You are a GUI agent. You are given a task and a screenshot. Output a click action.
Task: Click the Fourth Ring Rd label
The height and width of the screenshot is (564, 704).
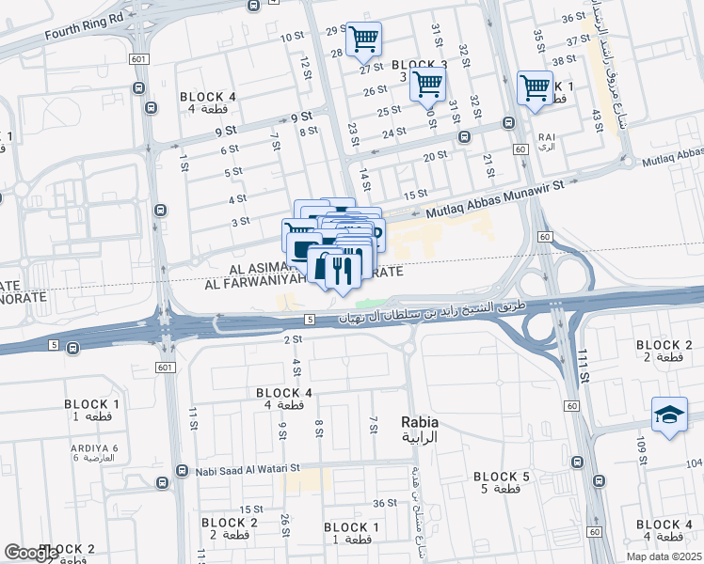click(x=84, y=28)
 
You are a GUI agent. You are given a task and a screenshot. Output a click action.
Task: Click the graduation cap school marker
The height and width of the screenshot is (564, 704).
click(x=670, y=415)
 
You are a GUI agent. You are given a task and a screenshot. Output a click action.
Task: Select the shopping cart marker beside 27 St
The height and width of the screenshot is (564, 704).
click(x=363, y=39)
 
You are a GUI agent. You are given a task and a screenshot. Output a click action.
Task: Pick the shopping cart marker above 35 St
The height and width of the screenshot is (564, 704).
click(x=535, y=87)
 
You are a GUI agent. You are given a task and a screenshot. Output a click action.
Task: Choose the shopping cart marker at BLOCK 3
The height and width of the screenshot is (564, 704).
click(x=427, y=86)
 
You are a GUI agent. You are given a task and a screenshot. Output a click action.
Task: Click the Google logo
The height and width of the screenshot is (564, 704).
click(x=31, y=553)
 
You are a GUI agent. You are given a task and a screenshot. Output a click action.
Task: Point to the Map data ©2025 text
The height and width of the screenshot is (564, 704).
click(x=664, y=556)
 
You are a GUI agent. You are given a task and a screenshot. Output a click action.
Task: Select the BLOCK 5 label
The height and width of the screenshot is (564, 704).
click(x=502, y=478)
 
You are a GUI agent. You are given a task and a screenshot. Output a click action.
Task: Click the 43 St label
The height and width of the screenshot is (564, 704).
click(x=596, y=120)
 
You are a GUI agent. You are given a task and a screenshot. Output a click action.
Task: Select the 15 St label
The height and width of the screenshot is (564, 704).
click(x=415, y=195)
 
